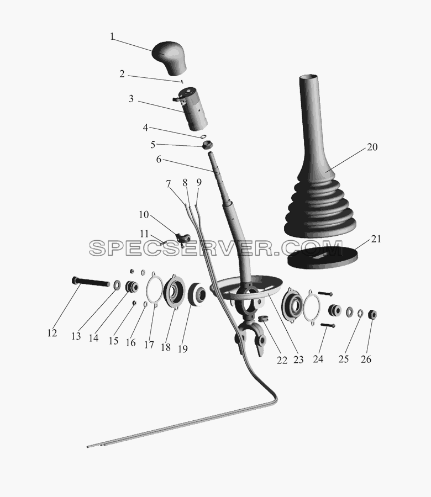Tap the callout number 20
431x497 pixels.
click(x=372, y=147)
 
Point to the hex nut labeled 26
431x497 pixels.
click(x=372, y=314)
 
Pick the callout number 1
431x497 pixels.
click(x=112, y=36)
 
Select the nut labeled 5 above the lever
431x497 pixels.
click(x=207, y=145)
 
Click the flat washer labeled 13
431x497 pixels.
click(x=117, y=284)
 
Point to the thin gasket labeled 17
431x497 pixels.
click(x=155, y=289)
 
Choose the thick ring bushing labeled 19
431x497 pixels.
click(x=197, y=294)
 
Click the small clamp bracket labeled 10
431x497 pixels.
click(x=183, y=238)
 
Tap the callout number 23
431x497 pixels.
click(x=298, y=359)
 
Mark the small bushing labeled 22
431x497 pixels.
click(x=263, y=318)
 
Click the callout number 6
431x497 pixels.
click(x=159, y=159)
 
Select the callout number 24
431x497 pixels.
click(x=318, y=359)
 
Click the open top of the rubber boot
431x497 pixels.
click(x=309, y=77)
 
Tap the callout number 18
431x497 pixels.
click(x=166, y=347)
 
